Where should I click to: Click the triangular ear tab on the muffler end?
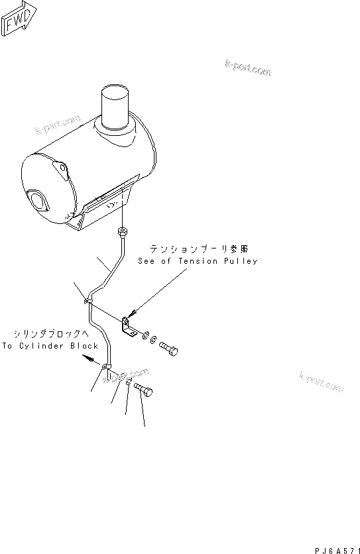coord(61,170)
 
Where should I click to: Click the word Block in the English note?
coord(86,346)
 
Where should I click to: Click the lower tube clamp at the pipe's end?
coord(106,366)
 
